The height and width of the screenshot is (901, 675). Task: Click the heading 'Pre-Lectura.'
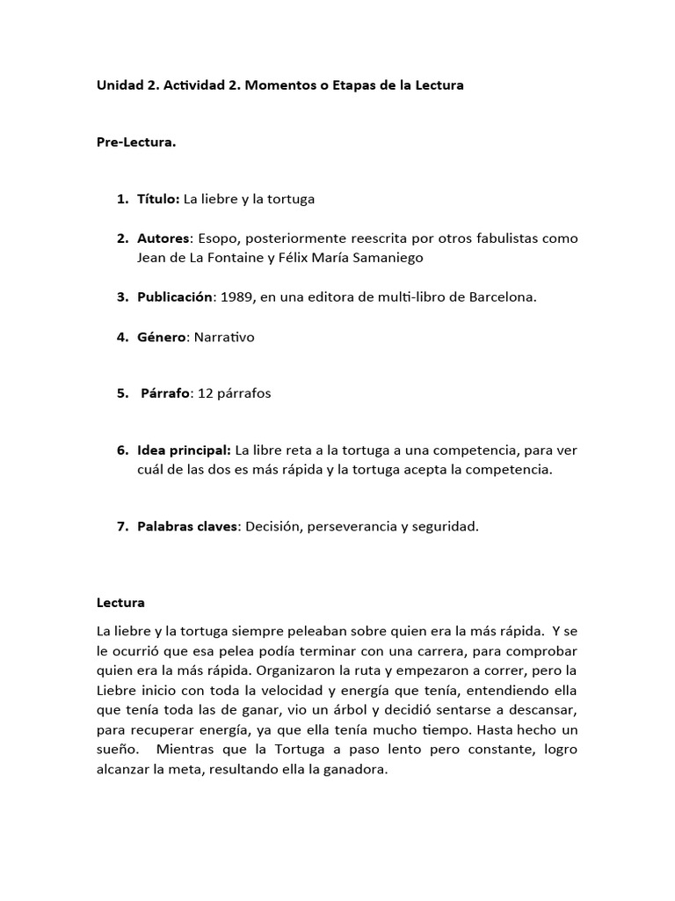point(136,143)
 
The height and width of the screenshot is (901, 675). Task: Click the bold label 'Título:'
point(158,199)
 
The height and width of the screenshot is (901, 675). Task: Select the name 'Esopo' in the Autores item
point(217,238)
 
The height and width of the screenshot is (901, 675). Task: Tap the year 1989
point(237,297)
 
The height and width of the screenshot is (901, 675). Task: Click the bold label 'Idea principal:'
point(184,450)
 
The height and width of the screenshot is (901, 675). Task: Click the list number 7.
point(121,526)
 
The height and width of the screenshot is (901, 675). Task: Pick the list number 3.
point(121,297)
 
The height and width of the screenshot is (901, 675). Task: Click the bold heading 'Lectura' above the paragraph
point(120,603)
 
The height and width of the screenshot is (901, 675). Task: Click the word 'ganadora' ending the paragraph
point(359,768)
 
